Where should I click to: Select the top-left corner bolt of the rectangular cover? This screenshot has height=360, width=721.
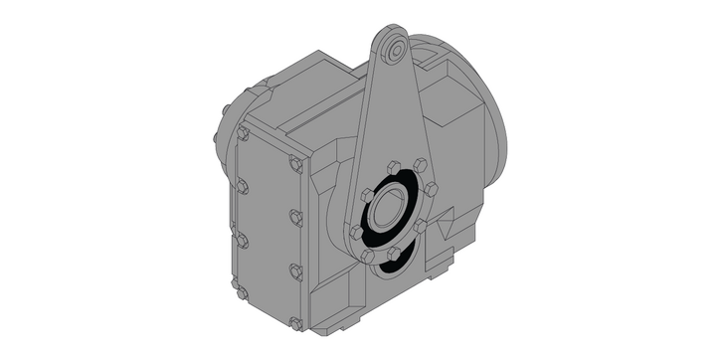(243, 131)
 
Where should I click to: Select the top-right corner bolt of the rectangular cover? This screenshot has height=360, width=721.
(295, 165)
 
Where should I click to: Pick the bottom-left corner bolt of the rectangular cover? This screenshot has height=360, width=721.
(240, 291)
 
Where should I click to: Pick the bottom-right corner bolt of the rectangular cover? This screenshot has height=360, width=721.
(295, 323)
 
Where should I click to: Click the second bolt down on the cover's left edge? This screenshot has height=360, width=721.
(242, 186)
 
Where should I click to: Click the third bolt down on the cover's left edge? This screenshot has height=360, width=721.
(241, 239)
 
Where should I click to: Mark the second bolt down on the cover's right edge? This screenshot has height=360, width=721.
(295, 217)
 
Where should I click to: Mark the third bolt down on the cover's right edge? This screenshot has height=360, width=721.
(295, 270)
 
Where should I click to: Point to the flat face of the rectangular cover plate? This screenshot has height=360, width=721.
(269, 229)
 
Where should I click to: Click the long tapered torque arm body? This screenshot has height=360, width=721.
(388, 119)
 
